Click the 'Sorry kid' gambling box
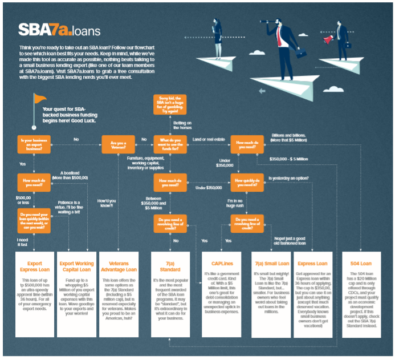(x=170, y=104)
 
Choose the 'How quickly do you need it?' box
(x=247, y=183)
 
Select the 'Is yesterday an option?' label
(x=288, y=178)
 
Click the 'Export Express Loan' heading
(x=34, y=267)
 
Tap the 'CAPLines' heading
(x=217, y=264)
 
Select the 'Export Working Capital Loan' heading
(x=76, y=267)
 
